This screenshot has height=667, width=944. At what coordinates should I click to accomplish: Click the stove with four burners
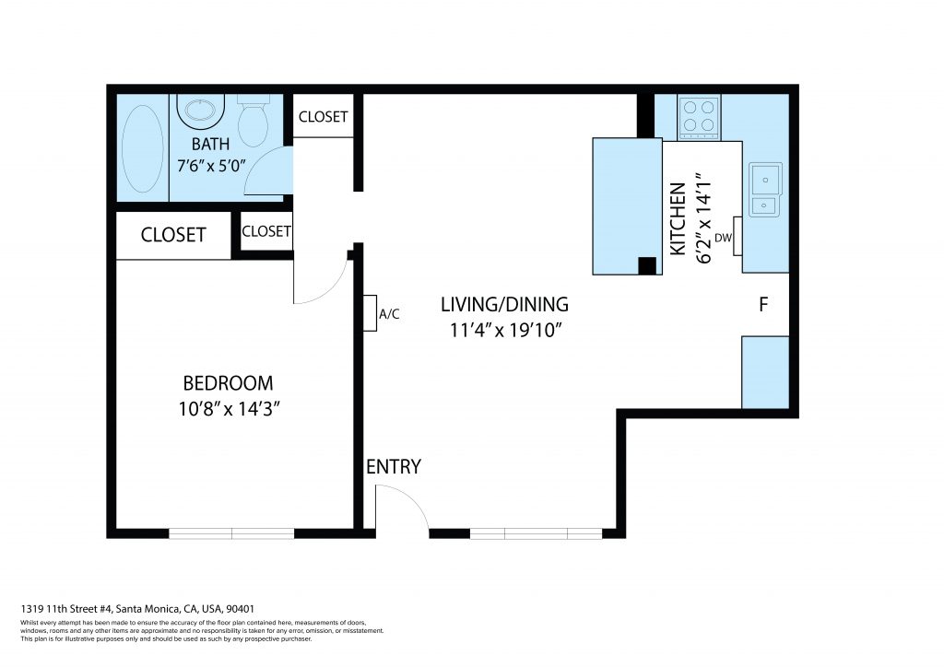[x=699, y=117]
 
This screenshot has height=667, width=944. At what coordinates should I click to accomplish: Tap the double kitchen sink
[x=765, y=190]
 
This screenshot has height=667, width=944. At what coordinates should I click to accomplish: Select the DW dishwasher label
[x=723, y=238]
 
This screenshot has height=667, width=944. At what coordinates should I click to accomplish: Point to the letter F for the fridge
[x=763, y=305]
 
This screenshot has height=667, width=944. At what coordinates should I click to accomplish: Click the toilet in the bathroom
[x=253, y=121]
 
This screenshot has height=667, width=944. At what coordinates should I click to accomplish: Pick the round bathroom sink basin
[x=200, y=110]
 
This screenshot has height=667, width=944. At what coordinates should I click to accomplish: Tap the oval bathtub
[x=142, y=148]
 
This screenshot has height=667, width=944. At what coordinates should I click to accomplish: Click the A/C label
[x=389, y=314]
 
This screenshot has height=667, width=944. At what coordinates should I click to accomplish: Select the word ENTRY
[x=394, y=467]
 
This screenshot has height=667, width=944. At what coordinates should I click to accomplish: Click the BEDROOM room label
[x=229, y=383]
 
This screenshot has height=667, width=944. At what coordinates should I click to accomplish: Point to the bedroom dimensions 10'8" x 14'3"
[x=230, y=410]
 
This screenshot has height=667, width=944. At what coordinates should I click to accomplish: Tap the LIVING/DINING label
[x=504, y=304]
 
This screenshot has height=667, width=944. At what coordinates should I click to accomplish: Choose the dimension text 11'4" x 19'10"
[x=506, y=330]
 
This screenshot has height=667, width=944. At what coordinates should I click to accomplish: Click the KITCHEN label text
[x=678, y=219]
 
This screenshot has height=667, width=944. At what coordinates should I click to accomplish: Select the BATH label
[x=211, y=145]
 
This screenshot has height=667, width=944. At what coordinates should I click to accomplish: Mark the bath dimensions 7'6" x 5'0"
[x=211, y=166]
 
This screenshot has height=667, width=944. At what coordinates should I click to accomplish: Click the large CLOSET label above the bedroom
[x=173, y=235]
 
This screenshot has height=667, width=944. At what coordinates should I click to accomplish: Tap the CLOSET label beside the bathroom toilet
[x=324, y=117]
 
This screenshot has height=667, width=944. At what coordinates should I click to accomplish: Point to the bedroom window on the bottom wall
[x=231, y=533]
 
